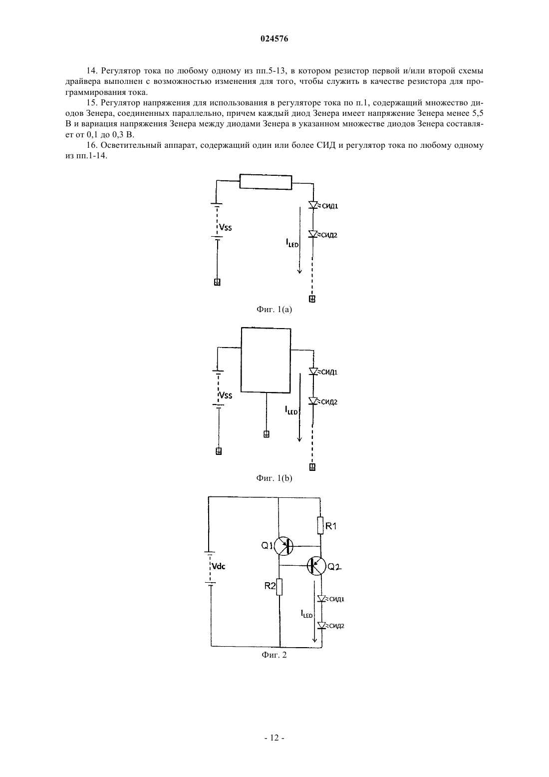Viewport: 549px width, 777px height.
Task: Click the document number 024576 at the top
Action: (x=274, y=39)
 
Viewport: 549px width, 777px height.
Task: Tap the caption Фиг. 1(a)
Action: (x=274, y=310)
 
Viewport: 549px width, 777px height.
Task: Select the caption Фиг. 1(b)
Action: (x=274, y=478)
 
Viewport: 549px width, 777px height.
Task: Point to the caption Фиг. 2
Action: (x=274, y=655)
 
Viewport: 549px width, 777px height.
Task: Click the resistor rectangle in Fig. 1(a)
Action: (x=266, y=182)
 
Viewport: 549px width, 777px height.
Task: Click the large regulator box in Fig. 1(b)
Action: (x=266, y=360)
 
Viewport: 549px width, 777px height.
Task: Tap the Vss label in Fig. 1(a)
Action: (x=225, y=228)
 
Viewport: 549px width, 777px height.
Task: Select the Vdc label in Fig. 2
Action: (x=219, y=566)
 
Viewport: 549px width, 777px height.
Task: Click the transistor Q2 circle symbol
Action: (x=316, y=566)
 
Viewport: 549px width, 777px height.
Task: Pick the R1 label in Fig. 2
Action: (x=331, y=526)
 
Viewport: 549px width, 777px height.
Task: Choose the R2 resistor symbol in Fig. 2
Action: (x=279, y=587)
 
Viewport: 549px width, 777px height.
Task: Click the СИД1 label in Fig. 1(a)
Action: (x=330, y=206)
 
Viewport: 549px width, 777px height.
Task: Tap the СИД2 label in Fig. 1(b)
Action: (x=329, y=402)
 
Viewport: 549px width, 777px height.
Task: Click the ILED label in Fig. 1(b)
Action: (x=291, y=410)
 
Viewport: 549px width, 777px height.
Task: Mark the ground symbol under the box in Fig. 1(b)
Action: (x=266, y=434)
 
